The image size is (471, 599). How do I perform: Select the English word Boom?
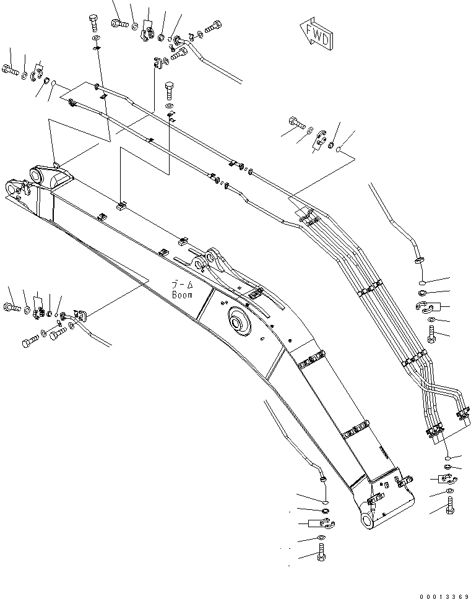coord(183,295)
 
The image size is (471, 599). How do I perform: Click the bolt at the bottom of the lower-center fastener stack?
coord(321,554)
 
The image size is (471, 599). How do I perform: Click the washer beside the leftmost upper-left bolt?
coord(24,75)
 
